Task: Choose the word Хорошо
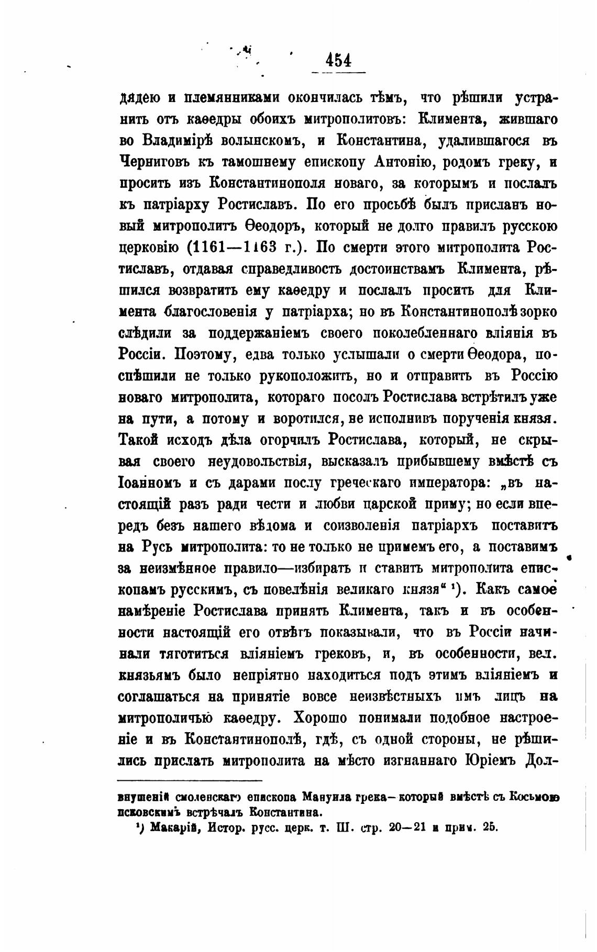[320, 718]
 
